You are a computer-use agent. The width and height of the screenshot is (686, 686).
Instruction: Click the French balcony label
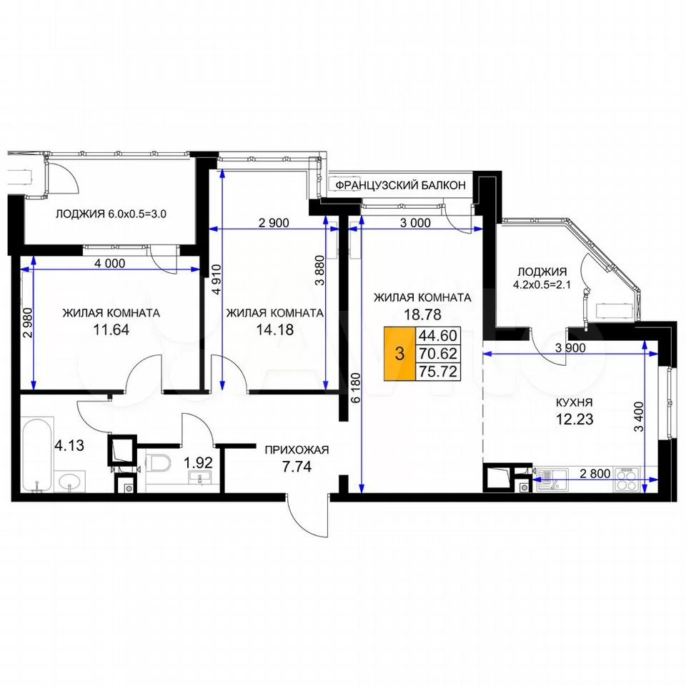[400, 186]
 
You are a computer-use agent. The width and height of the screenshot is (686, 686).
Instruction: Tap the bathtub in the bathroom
[37, 455]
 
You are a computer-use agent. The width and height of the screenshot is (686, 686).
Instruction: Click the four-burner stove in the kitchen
[627, 479]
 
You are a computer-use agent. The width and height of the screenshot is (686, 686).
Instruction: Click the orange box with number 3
[399, 354]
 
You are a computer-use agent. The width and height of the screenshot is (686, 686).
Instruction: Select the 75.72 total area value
[438, 372]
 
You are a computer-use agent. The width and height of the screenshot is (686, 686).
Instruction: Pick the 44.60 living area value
[438, 336]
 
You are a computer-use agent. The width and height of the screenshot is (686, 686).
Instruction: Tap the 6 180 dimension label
[356, 387]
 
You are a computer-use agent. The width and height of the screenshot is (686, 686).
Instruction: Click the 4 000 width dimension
[110, 264]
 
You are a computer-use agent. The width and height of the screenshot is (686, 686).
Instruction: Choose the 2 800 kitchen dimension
[595, 473]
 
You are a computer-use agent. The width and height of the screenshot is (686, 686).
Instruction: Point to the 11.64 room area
[111, 329]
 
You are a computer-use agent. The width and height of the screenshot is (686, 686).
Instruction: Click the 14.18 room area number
[274, 329]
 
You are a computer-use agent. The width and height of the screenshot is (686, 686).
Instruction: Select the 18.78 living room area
[422, 314]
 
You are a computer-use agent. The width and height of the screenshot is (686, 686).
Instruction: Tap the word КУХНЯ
[574, 402]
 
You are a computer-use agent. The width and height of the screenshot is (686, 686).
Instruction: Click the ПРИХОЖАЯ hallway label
[297, 449]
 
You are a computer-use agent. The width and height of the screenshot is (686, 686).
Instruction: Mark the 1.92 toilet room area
[198, 462]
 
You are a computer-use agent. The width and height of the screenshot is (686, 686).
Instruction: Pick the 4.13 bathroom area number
[69, 445]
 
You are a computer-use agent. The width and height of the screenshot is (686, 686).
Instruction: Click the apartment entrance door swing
[307, 516]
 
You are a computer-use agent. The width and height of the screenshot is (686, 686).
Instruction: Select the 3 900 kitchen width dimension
[570, 348]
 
